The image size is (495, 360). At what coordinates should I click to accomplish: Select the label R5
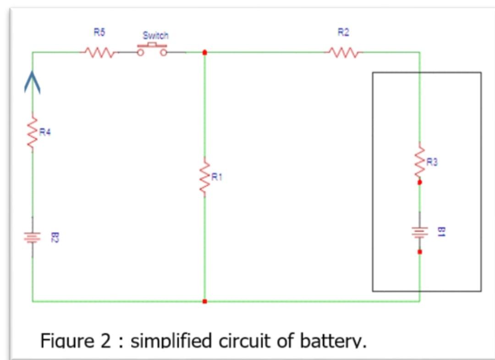click(99, 32)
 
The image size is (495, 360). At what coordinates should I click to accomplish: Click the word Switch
click(155, 35)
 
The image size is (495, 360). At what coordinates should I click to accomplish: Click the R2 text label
click(344, 32)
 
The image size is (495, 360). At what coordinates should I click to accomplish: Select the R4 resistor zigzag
click(32, 133)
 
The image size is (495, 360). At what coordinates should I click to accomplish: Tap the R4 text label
click(45, 133)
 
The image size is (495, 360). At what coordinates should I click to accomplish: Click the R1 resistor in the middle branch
click(204, 178)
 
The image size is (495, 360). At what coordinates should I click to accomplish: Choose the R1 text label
click(216, 177)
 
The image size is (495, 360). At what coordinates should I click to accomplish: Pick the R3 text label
click(432, 161)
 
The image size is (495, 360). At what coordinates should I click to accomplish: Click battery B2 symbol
click(32, 238)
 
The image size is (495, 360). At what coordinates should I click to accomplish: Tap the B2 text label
click(54, 238)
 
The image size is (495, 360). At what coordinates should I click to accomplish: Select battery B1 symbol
click(419, 232)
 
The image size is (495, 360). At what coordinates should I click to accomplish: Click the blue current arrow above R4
click(32, 80)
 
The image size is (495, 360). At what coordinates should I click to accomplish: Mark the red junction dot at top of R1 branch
click(204, 52)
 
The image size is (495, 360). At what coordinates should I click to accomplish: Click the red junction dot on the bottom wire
click(204, 301)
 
